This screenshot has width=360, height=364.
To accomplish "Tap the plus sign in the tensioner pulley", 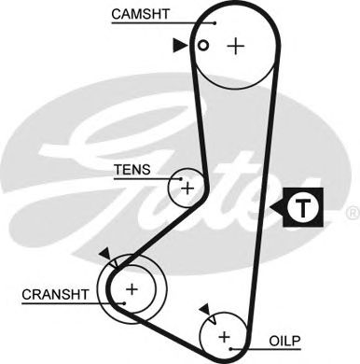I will (x=187, y=188).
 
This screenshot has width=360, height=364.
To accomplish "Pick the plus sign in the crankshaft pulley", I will (x=132, y=290).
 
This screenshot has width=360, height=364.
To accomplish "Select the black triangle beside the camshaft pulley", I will (x=179, y=44).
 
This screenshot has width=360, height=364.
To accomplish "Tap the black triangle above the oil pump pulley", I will (x=202, y=308).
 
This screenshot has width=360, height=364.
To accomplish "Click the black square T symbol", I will (x=298, y=207).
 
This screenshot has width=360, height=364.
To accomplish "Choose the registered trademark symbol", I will (x=351, y=215).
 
